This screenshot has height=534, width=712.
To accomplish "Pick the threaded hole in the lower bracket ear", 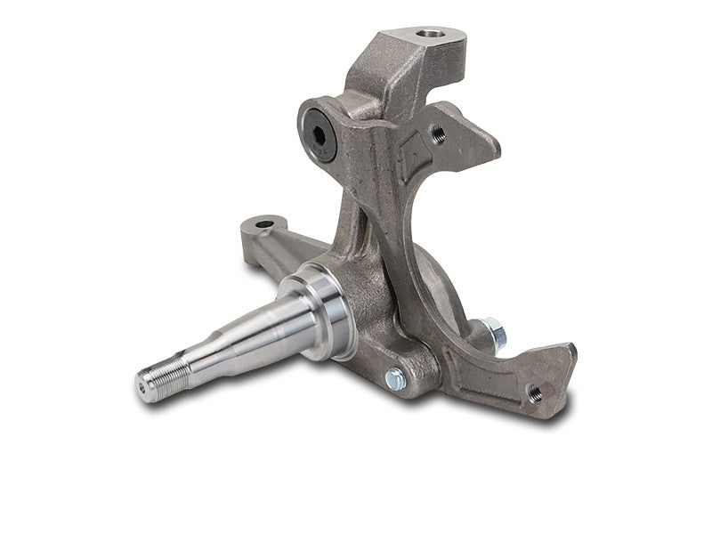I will [535, 390].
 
